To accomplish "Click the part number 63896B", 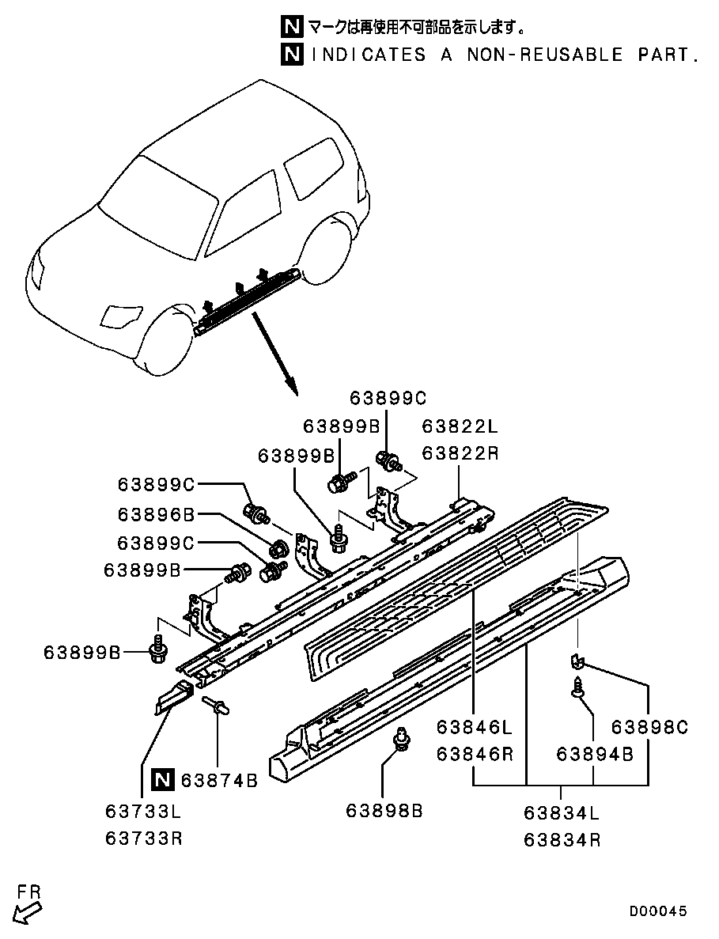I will [156, 514].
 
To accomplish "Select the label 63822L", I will [460, 426].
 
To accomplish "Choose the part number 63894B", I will [594, 754].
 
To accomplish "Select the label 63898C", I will [649, 727].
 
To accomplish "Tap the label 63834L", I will [562, 812].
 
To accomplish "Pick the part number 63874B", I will [219, 781].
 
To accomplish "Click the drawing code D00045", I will [658, 911].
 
